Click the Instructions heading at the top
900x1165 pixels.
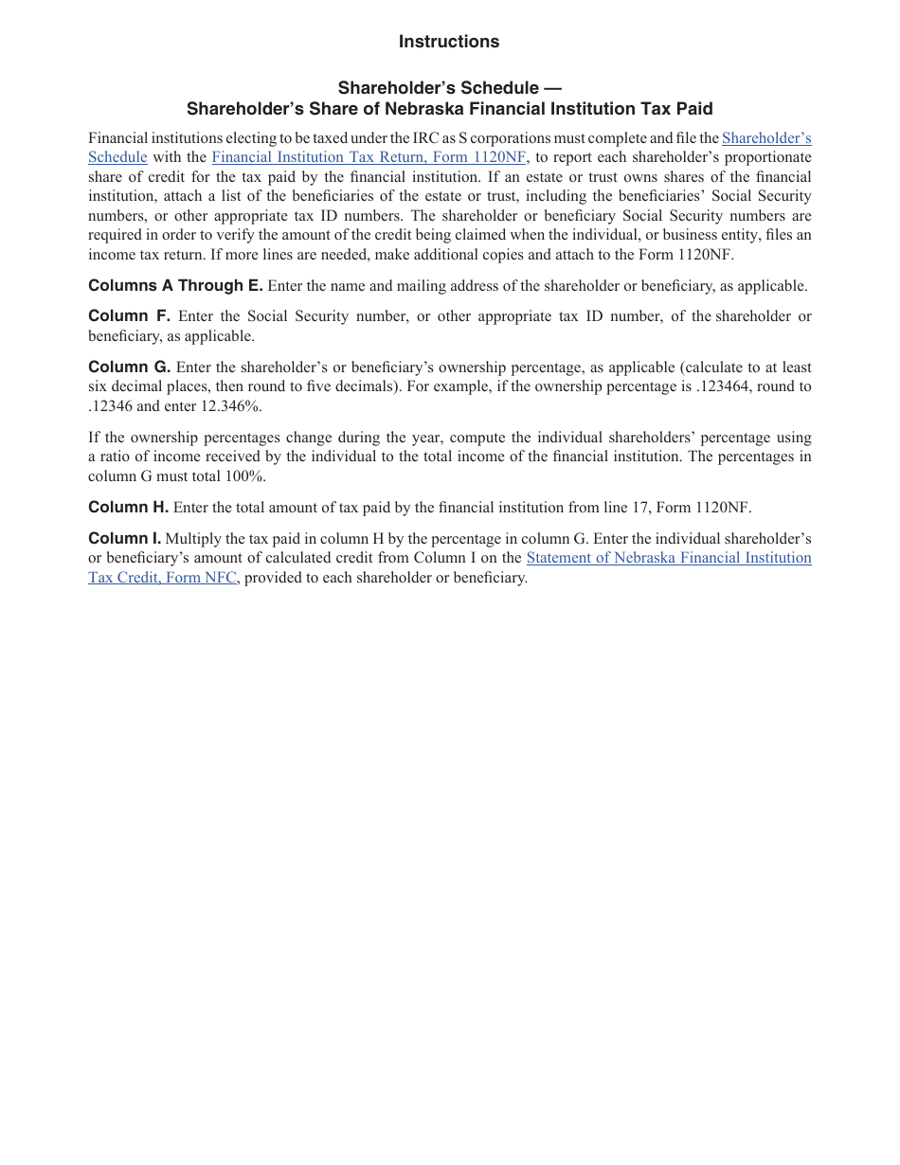pos(448,42)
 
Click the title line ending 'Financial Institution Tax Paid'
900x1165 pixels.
pos(449,109)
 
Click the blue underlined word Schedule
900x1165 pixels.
pos(117,157)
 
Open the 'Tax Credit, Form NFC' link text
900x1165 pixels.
pos(162,577)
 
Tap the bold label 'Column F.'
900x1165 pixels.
pos(129,316)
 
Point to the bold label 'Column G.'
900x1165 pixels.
pos(129,367)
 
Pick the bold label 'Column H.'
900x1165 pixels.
pos(128,508)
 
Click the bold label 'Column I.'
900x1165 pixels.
pos(124,539)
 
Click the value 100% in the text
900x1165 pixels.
pos(245,475)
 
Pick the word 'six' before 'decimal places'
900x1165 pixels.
pos(99,386)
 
